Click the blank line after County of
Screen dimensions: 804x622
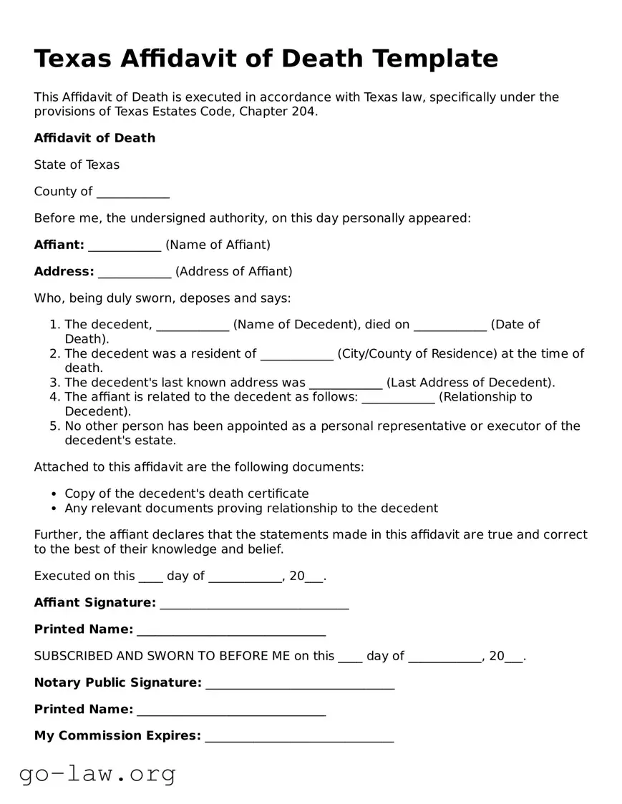(132, 192)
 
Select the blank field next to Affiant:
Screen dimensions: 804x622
(125, 246)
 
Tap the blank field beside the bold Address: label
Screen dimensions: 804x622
(135, 273)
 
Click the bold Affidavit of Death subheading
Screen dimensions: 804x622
(94, 138)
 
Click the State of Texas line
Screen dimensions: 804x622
(77, 165)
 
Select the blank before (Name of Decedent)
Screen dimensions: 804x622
(193, 326)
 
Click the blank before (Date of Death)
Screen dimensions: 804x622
(450, 326)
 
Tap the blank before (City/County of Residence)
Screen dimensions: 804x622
(297, 355)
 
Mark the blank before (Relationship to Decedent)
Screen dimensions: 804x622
(398, 398)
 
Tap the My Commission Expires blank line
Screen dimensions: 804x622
(299, 737)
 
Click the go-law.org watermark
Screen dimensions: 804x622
(97, 773)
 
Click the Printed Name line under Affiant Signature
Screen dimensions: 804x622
(231, 631)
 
